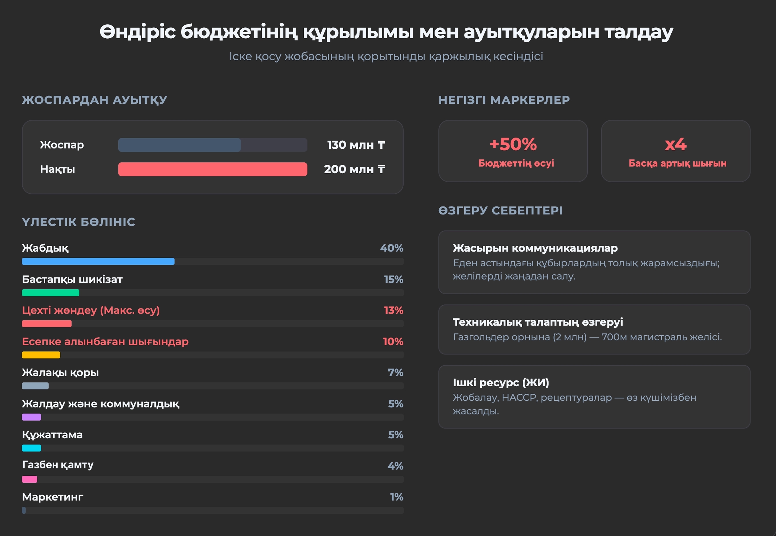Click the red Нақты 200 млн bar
[x=213, y=169]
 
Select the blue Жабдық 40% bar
[x=98, y=261]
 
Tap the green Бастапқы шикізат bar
[x=50, y=293]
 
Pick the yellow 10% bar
[x=41, y=355]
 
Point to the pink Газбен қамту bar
[x=30, y=479]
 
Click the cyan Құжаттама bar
[x=32, y=448]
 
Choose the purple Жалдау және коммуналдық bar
[x=32, y=417]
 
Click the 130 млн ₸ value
[x=356, y=145]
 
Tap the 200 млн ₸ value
[x=354, y=169]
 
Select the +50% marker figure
[x=513, y=144]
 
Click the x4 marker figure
[x=675, y=144]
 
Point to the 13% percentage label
[x=393, y=310]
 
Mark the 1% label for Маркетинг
[x=397, y=497]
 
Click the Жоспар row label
[x=62, y=145]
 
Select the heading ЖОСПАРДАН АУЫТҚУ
[x=94, y=100]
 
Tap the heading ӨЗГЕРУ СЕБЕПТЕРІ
[x=500, y=211]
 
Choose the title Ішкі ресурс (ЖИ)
[x=501, y=383]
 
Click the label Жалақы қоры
[x=60, y=372]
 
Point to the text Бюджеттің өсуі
[x=516, y=164]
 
